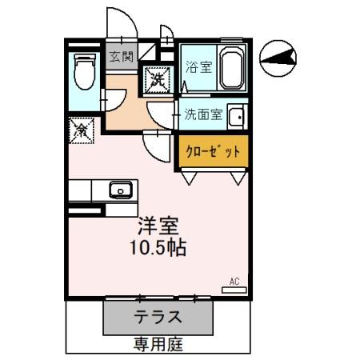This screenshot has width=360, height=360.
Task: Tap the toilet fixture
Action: tap(82, 72)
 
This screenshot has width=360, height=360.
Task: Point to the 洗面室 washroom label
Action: tap(203, 114)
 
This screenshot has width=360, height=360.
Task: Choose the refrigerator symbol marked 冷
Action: tap(81, 129)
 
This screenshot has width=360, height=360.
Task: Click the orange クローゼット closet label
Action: tap(213, 150)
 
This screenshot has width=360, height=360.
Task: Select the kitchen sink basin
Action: tap(121, 190)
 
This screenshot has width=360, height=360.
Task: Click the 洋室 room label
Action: tap(158, 226)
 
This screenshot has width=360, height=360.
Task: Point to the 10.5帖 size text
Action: tap(158, 247)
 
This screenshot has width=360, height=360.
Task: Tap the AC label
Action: tap(235, 281)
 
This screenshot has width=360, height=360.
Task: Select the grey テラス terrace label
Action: tap(158, 316)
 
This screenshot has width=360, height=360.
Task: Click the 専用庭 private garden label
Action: tap(158, 345)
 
